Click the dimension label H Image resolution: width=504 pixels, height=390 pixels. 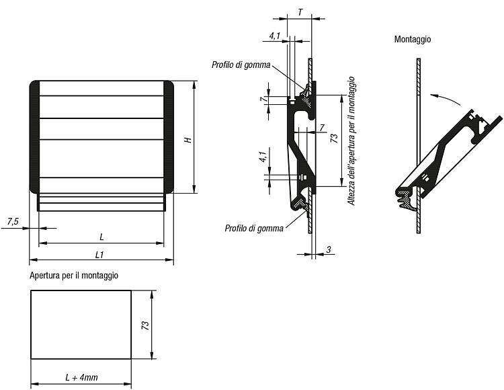click(x=188, y=140)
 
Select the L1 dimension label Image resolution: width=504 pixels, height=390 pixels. click(x=99, y=255)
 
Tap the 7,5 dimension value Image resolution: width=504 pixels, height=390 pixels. click(x=13, y=221)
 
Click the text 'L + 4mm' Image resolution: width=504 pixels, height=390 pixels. click(x=81, y=377)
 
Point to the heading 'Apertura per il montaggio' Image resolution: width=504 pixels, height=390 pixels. click(x=74, y=276)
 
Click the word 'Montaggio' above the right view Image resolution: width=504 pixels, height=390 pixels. click(x=413, y=39)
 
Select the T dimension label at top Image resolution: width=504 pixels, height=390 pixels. click(x=300, y=12)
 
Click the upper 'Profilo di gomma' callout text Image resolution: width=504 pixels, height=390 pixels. click(x=241, y=65)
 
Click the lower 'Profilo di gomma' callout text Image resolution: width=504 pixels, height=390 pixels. click(x=254, y=228)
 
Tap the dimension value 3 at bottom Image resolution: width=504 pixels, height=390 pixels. click(x=329, y=249)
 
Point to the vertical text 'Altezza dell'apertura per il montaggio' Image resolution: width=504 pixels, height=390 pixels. click(x=351, y=141)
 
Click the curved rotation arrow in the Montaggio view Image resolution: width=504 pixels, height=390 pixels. click(x=445, y=98)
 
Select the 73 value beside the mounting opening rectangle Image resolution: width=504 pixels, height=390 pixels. click(x=145, y=325)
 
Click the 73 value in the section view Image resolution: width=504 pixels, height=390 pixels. click(x=334, y=139)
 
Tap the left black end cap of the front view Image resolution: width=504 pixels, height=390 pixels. click(x=34, y=137)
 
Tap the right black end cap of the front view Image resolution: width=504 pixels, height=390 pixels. click(x=169, y=137)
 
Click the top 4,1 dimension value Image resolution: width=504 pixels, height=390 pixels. click(x=275, y=36)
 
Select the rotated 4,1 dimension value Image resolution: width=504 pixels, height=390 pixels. click(x=263, y=157)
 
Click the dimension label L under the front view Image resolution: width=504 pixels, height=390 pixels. click(x=101, y=237)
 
